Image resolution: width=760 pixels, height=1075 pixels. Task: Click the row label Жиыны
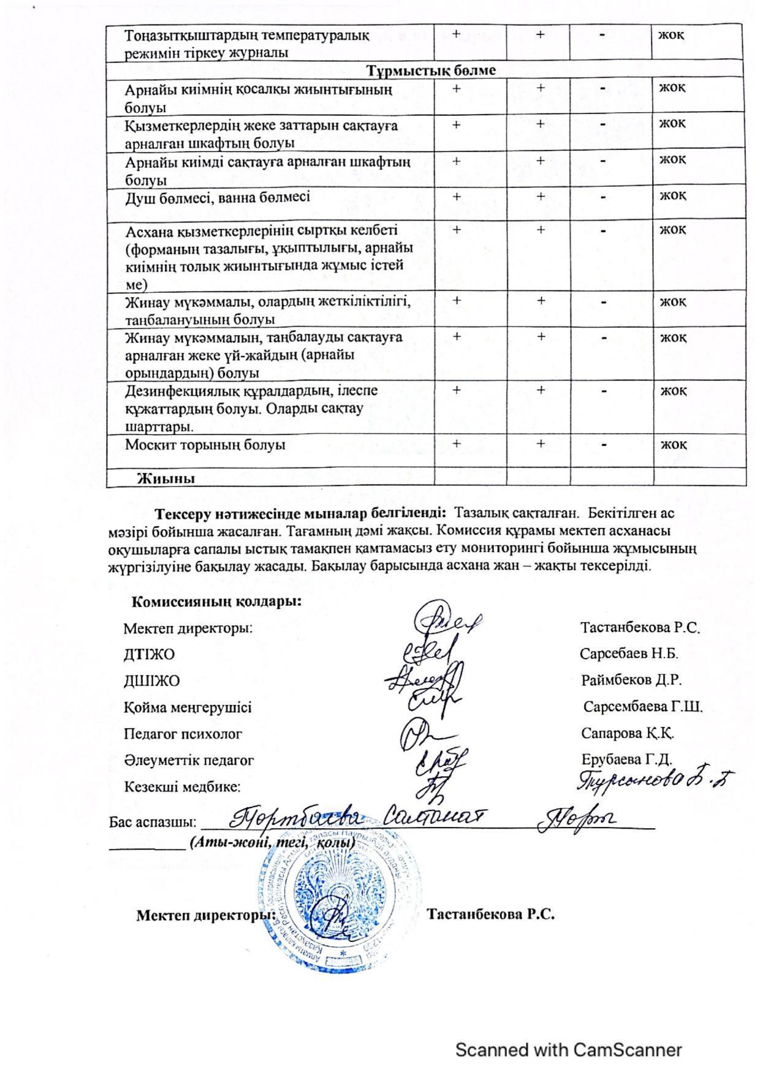[x=165, y=478]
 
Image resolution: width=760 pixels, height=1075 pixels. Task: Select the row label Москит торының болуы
[x=205, y=445]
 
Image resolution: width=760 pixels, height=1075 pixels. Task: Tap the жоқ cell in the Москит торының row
[x=673, y=444]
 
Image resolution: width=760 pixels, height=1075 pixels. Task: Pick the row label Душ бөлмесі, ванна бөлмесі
[x=217, y=197]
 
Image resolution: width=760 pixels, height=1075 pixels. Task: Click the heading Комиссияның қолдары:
[x=216, y=602]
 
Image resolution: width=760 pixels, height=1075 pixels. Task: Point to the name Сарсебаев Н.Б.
[x=629, y=654]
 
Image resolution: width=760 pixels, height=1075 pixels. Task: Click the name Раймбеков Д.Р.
[x=631, y=680]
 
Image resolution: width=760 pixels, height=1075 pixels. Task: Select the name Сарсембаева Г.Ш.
[x=642, y=707]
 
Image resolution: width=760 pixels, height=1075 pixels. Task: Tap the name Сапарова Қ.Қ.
[x=628, y=733]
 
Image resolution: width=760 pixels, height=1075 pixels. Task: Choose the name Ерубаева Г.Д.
[x=626, y=760]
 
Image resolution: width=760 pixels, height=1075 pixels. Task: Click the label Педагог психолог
[x=183, y=733]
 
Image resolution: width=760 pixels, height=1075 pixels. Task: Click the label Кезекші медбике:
[x=182, y=786]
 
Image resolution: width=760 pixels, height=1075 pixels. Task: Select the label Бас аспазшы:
[x=153, y=822]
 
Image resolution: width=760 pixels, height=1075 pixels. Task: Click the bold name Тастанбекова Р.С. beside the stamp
[x=491, y=915]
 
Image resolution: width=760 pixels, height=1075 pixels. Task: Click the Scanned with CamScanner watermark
[x=568, y=1050]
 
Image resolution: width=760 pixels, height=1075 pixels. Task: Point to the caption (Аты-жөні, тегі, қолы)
[x=272, y=843]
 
